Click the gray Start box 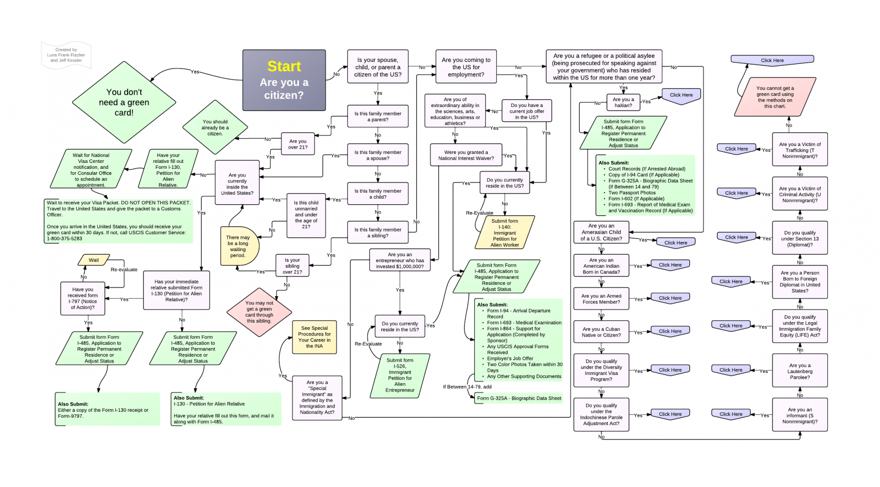coord(284,80)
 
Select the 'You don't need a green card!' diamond coord(124,102)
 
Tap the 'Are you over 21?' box coord(297,144)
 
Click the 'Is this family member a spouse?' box coord(378,155)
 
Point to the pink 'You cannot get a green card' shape coord(775,97)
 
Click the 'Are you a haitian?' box coord(623,102)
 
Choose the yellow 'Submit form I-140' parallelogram coord(505,233)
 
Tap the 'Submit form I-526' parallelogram coord(400,375)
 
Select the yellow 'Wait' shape coord(93,260)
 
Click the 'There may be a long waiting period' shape coord(238,246)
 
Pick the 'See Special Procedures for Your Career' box coord(314,337)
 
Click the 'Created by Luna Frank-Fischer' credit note coord(66,55)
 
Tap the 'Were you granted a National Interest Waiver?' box coord(466,155)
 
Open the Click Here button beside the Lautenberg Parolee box coord(731,370)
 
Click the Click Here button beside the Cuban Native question coord(670,331)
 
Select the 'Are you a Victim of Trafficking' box coord(800,150)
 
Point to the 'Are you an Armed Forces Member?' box coord(601,299)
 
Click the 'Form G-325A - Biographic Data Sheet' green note coord(519,398)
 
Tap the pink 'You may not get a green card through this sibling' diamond coord(259,312)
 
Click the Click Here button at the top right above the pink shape coord(772,60)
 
